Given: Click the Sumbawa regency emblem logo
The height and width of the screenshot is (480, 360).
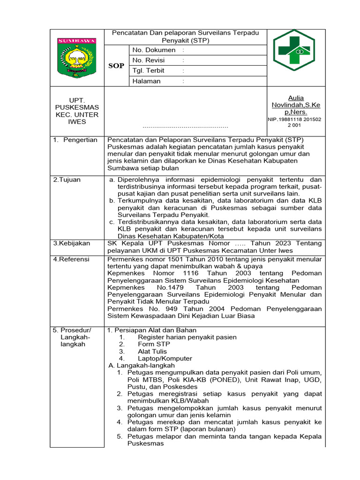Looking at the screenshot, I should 76,58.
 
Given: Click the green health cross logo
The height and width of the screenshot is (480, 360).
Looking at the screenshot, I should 293,50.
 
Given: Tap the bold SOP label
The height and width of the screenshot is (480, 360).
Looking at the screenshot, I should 116,66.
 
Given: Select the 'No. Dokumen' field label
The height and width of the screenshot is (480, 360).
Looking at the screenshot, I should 154,50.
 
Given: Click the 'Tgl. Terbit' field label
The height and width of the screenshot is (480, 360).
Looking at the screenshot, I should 149,71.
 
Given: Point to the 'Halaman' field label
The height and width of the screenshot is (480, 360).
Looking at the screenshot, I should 146,81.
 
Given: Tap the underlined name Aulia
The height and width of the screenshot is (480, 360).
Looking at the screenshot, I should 296,98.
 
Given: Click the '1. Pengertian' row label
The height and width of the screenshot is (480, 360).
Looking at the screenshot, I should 75,140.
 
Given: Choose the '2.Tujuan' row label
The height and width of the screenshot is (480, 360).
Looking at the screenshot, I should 67,180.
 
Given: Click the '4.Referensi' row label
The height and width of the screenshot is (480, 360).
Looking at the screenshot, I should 71,259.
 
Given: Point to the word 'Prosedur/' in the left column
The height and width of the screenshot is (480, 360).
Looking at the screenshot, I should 76,330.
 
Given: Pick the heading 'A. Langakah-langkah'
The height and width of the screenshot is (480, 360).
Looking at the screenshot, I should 142,365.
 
